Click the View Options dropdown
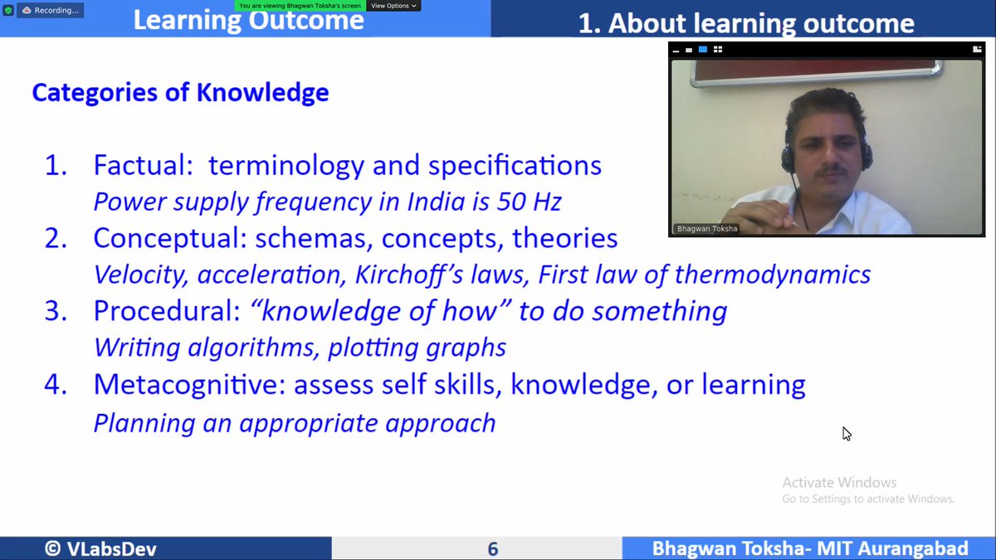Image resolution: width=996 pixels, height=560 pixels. pos(393,5)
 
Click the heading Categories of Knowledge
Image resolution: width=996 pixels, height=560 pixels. pos(180,92)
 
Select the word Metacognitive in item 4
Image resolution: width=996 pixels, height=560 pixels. pos(188,385)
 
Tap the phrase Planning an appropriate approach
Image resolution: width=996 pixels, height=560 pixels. pos(294,423)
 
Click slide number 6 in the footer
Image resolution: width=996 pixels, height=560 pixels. pos(493,548)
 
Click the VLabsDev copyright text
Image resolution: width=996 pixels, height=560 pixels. pos(100,548)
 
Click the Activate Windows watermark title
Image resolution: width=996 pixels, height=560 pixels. pos(839,482)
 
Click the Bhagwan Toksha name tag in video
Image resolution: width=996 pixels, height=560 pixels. pos(705,228)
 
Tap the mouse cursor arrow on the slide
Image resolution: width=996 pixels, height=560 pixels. pos(846,432)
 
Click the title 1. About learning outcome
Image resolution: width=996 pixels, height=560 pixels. pos(745,23)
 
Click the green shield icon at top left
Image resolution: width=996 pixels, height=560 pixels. pos(7,10)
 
